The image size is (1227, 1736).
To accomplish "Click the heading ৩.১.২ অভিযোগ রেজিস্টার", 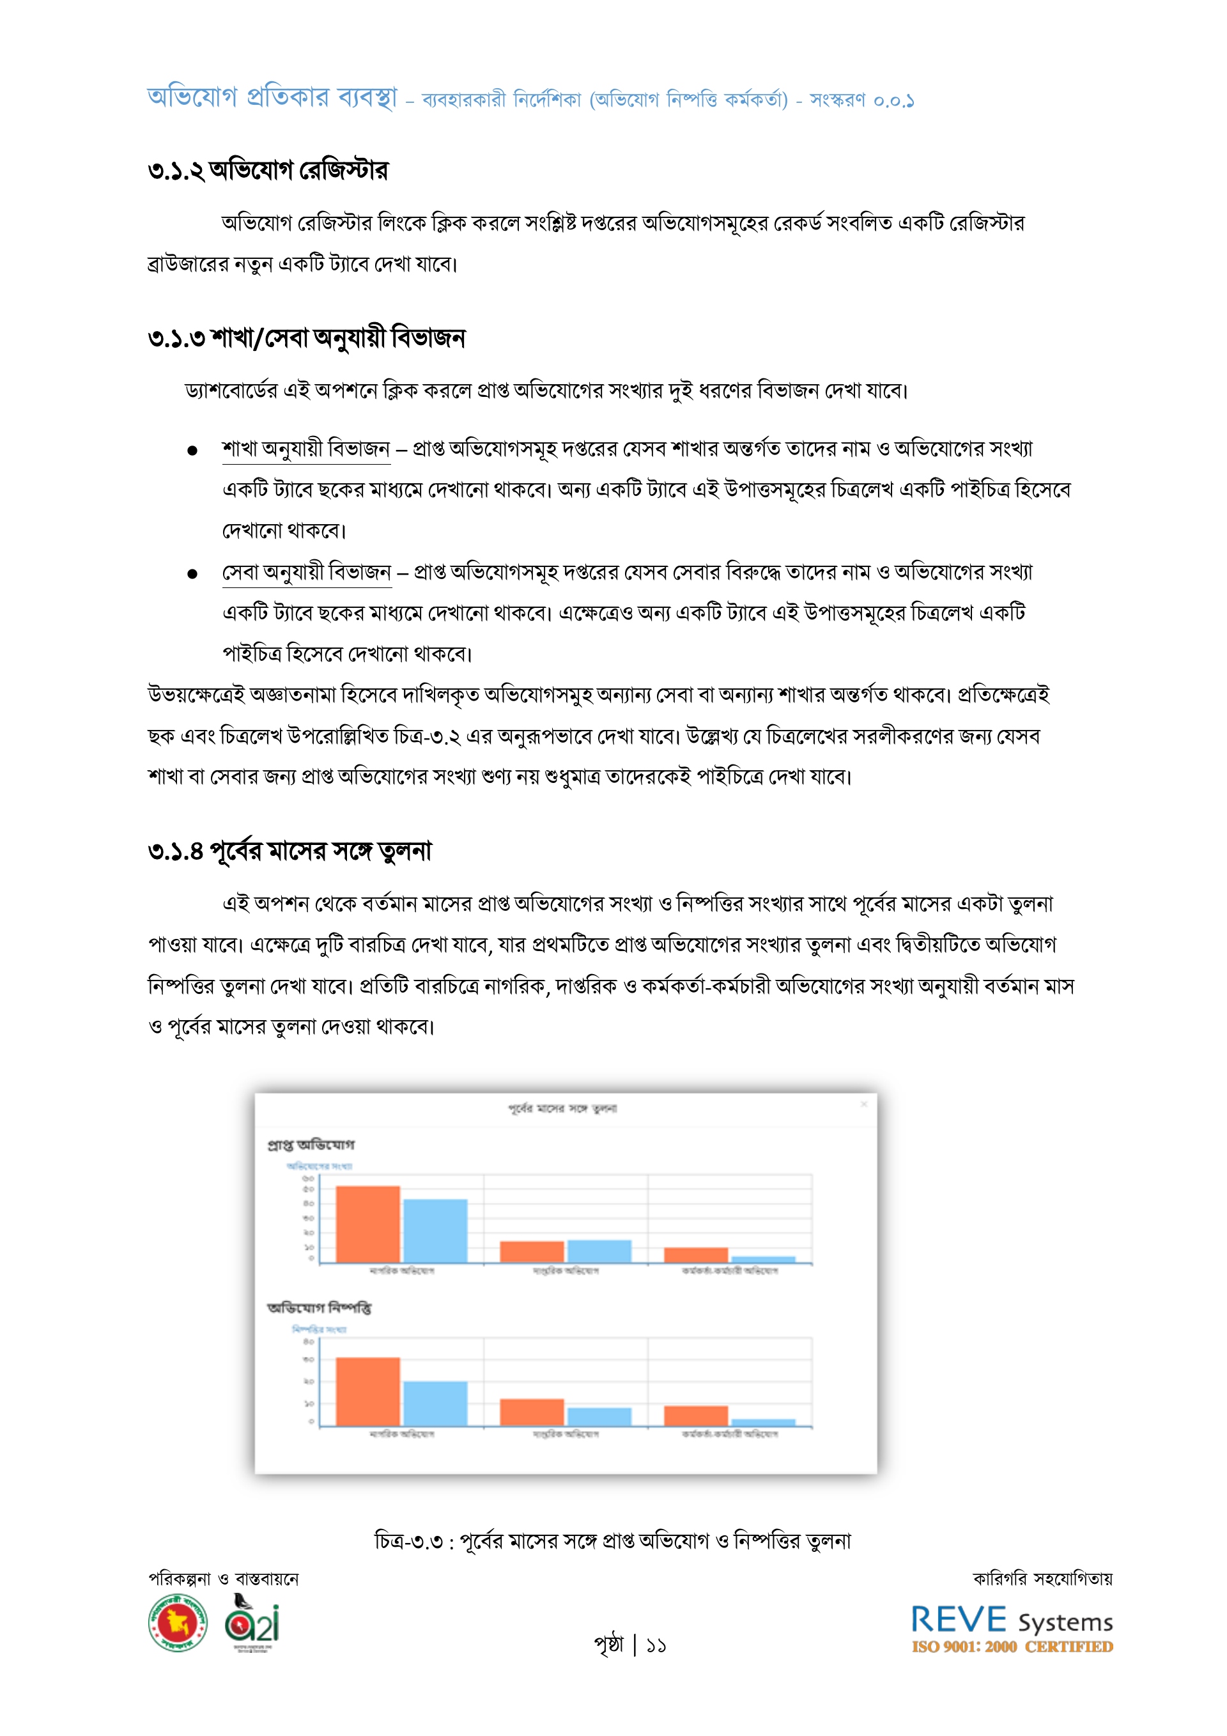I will click(268, 171).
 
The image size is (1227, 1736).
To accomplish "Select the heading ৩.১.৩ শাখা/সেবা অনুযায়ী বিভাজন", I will click(306, 338).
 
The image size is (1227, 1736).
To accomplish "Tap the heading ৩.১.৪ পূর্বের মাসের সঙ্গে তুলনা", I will click(289, 851).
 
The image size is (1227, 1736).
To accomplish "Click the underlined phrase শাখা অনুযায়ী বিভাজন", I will click(306, 449).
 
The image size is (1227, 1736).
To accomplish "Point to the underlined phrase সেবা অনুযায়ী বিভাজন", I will click(306, 572).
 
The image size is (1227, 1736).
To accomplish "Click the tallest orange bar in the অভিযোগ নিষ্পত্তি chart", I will click(367, 1391).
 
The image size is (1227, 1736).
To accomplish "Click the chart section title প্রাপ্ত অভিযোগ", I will click(311, 1145).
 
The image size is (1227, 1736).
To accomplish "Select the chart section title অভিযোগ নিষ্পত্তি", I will click(319, 1307).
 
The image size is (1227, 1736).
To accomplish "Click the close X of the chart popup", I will click(864, 1104).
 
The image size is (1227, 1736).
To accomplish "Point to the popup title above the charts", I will click(562, 1108).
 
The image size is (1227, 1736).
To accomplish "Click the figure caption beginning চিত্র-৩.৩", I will click(612, 1540).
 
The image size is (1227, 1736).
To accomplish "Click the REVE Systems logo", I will click(1011, 1621).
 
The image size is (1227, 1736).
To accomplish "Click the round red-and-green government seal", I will click(178, 1623).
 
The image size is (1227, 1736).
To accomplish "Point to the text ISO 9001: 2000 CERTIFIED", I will click(1012, 1647).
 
